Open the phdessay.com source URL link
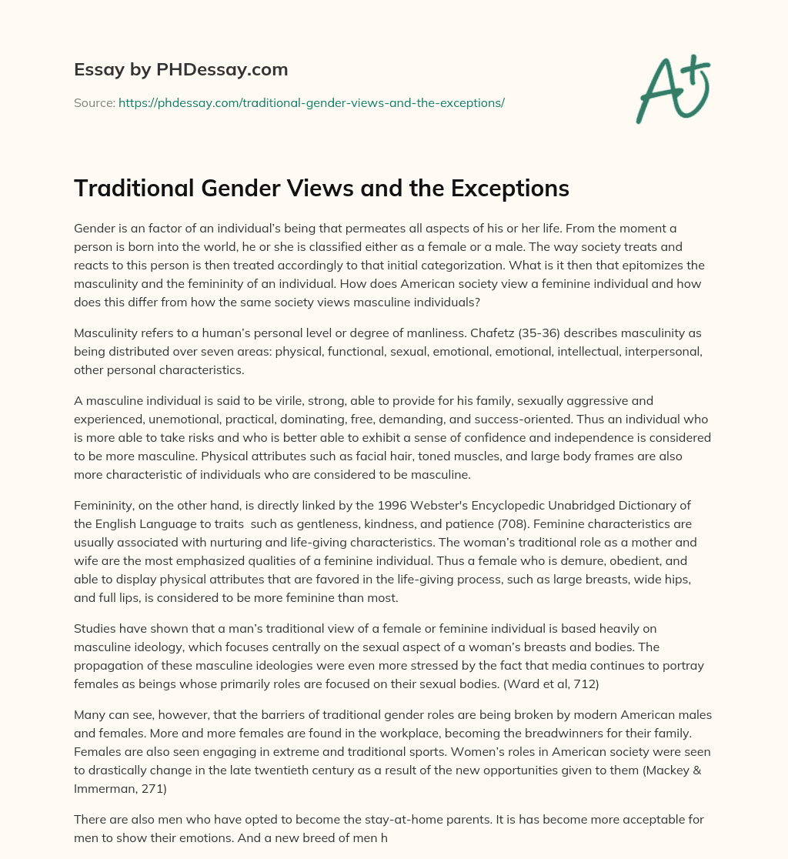311,102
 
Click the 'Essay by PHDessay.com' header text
181,70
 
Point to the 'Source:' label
94,102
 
